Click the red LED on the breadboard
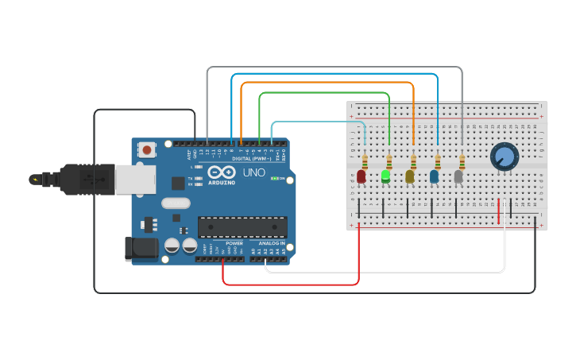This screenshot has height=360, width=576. [361, 176]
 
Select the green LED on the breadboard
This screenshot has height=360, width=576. [385, 176]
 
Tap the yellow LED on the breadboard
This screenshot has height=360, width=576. [410, 176]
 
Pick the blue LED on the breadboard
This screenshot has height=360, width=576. [435, 176]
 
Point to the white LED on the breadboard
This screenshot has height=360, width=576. [458, 176]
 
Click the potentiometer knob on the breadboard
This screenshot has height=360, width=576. [504, 156]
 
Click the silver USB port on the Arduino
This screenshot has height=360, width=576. [134, 180]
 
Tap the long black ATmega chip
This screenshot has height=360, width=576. [242, 226]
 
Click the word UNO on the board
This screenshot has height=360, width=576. [253, 172]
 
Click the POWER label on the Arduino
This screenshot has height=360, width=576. [234, 243]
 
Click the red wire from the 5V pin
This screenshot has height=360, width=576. [290, 284]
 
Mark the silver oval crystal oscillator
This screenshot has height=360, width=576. [176, 203]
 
